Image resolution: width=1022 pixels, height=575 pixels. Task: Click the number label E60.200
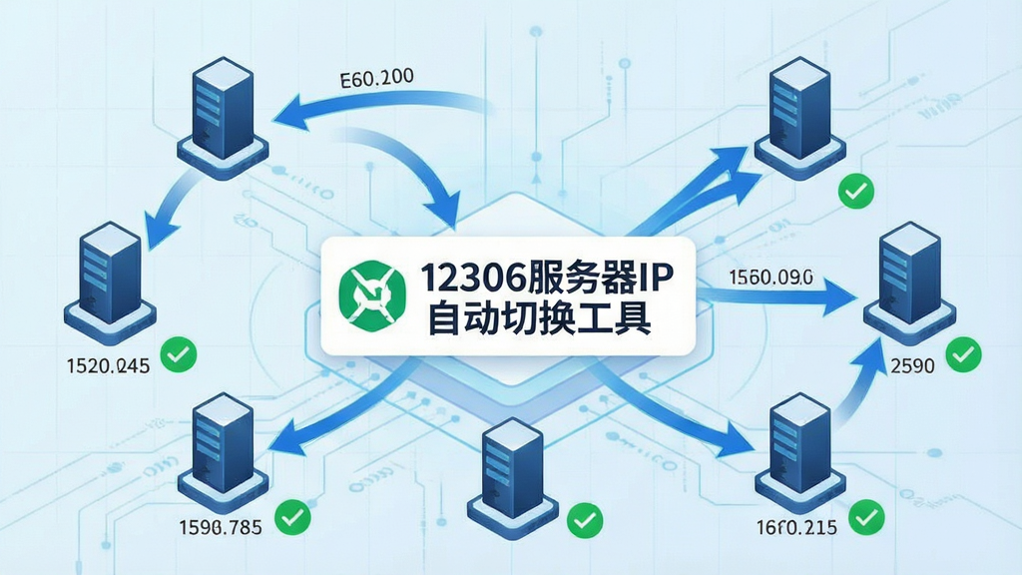coord(376,78)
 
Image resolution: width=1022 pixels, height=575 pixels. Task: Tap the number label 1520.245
coord(108,365)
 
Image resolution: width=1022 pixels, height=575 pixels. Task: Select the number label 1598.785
coord(221,526)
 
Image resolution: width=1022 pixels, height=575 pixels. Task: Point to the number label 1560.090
coord(770,278)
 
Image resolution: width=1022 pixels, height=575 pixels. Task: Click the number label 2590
coord(912,365)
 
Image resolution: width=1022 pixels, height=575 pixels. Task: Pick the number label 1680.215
coord(796,527)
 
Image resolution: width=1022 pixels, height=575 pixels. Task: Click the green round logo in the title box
coord(372,295)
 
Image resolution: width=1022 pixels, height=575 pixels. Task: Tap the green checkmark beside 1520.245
coord(179,354)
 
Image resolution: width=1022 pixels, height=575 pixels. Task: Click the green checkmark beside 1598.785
coord(292,517)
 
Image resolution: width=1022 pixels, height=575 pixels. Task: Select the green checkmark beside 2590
coord(963,354)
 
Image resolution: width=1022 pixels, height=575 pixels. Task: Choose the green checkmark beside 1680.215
coord(866,517)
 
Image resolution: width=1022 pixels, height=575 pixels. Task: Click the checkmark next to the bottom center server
coord(585,519)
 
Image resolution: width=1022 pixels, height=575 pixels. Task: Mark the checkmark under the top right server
coord(855,191)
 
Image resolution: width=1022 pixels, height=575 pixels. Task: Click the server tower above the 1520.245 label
coord(110,283)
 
